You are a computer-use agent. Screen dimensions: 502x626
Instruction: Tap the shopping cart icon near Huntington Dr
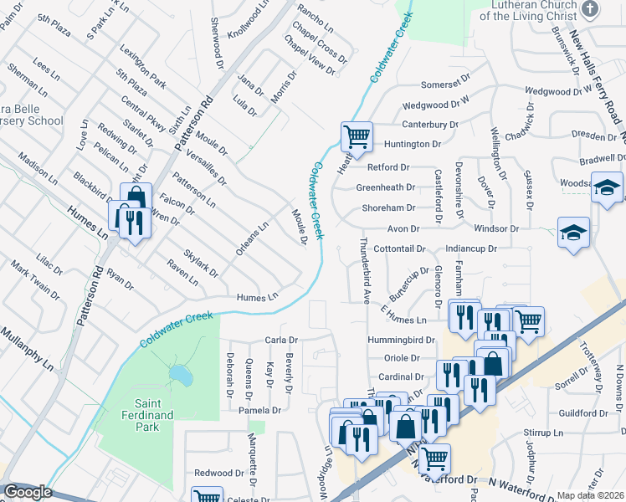[357, 136]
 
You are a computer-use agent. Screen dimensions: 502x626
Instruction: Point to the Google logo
[28, 492]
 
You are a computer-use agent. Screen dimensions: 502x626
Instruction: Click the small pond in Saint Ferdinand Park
[177, 372]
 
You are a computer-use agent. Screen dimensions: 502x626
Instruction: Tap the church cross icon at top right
[590, 9]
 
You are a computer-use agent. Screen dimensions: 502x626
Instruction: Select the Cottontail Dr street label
[400, 249]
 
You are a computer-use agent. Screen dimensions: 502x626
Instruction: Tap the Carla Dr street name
[281, 341]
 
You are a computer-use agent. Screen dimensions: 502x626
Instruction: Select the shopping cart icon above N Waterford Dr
[434, 458]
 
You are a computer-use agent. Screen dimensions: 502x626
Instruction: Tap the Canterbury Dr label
[430, 125]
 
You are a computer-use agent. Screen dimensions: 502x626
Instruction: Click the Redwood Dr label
[218, 474]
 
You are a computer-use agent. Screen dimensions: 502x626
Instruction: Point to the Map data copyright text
[591, 495]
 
